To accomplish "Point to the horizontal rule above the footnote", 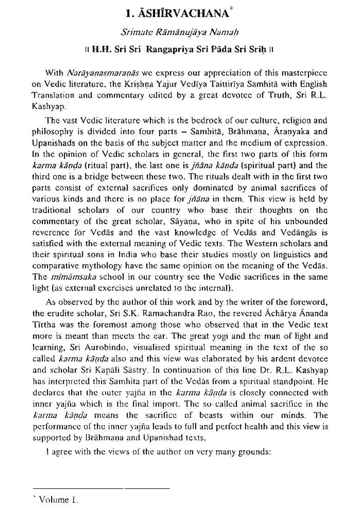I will click(x=101, y=488).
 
